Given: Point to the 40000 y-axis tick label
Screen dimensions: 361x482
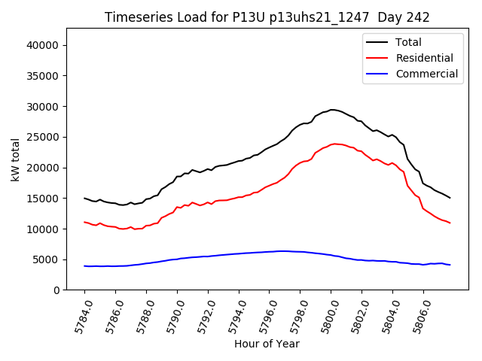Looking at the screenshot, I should (x=43, y=45).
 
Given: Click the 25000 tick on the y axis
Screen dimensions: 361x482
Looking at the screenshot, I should (x=43, y=137).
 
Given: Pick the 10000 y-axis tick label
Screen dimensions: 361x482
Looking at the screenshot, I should (x=43, y=229).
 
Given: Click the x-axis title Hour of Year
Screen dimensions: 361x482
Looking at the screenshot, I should (x=267, y=344).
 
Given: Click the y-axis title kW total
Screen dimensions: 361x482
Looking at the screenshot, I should (x=15, y=159).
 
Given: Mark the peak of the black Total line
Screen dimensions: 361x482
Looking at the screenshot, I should (x=332, y=110).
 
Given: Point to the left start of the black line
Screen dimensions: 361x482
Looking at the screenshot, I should (x=84, y=199).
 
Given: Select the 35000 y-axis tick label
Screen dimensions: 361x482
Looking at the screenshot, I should (x=43, y=75).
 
